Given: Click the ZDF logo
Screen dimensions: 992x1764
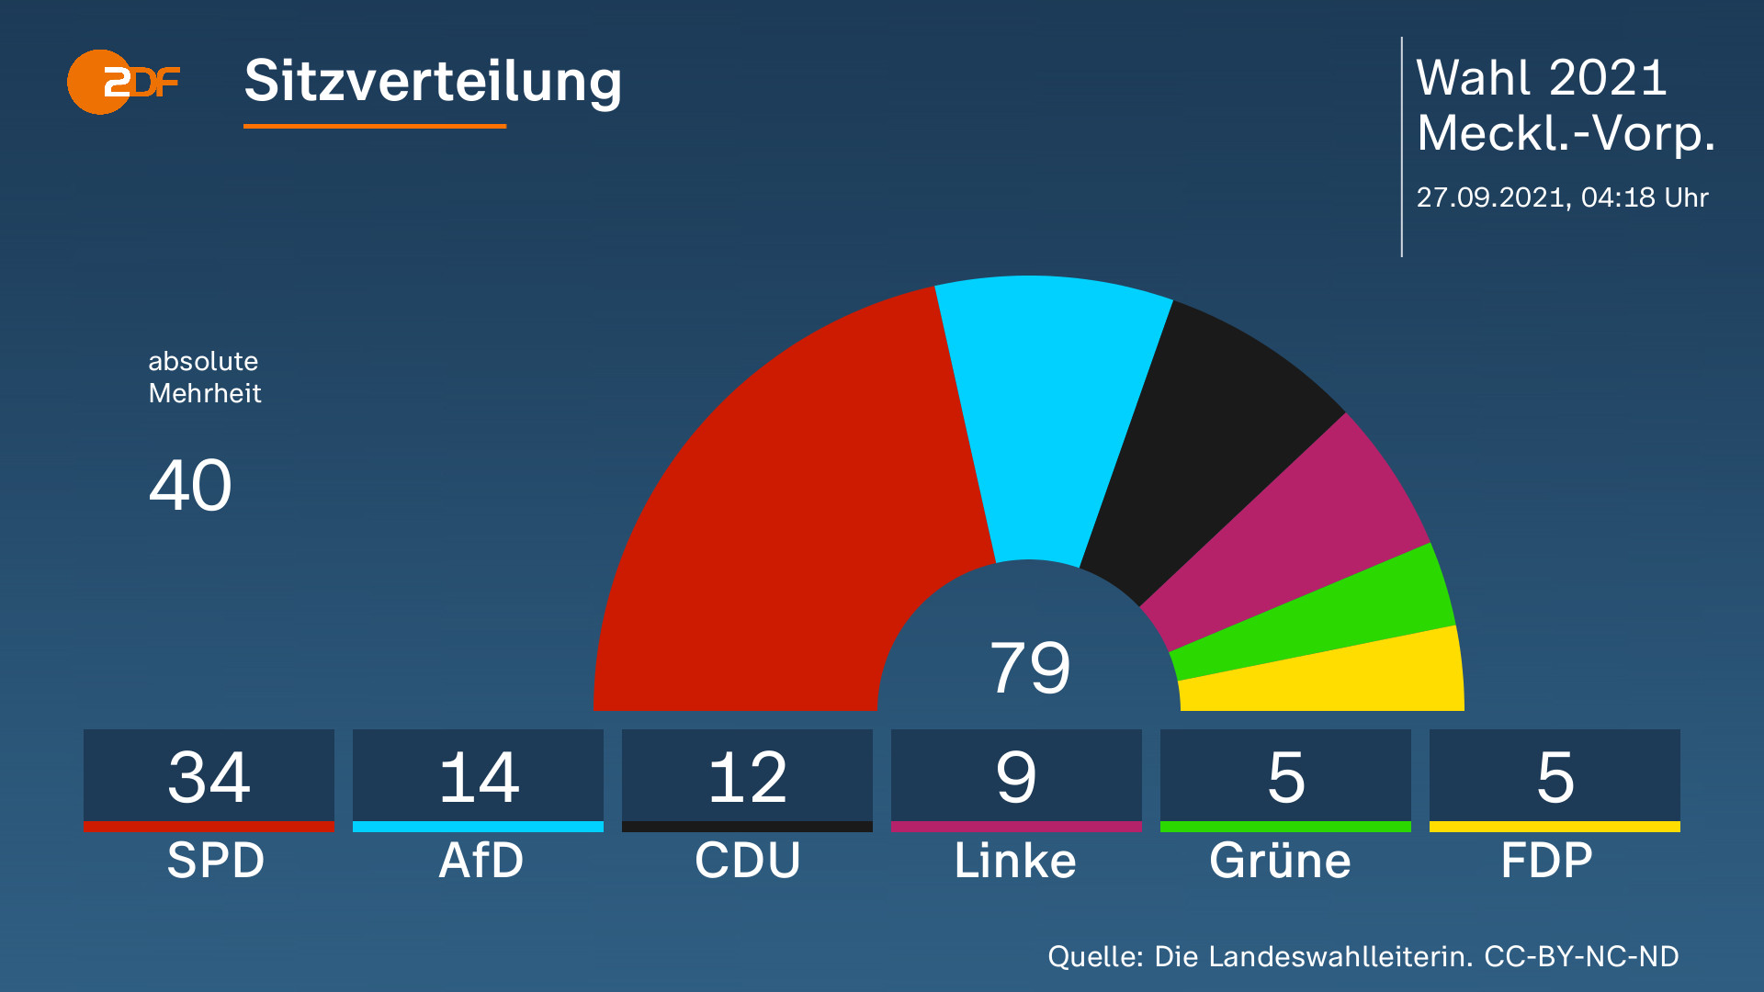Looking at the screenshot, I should (x=123, y=83).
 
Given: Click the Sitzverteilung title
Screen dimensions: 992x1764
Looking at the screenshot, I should (x=433, y=81).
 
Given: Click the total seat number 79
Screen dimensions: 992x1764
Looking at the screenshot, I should (x=1029, y=668).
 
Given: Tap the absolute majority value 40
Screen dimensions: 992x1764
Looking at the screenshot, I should (x=190, y=485).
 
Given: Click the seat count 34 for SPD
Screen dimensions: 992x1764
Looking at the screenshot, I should (x=209, y=777).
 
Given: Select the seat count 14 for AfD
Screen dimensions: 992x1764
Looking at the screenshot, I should (x=478, y=777).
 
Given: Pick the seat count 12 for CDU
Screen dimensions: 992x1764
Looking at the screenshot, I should (x=747, y=777).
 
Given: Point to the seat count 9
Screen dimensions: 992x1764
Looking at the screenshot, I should (x=1016, y=777).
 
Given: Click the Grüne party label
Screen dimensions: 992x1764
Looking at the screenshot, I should (x=1281, y=861).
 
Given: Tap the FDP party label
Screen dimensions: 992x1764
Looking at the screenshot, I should (x=1547, y=861).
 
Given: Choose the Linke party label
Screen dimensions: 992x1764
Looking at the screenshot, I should (x=1015, y=861).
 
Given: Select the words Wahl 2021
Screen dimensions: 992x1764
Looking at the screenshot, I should (x=1541, y=78).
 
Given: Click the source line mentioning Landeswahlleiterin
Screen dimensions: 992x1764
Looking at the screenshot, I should (x=1363, y=956).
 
